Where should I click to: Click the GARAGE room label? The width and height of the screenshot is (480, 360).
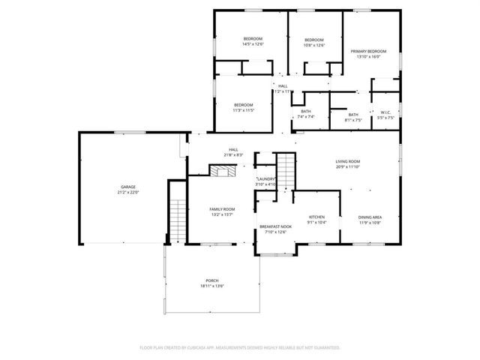(128, 186)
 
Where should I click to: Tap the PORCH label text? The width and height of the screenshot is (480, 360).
(213, 280)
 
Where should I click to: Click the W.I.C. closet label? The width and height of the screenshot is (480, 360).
(385, 112)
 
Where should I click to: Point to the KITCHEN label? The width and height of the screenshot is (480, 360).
(316, 216)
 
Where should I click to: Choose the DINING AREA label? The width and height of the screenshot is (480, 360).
(370, 216)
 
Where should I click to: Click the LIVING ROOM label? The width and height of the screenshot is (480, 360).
(347, 161)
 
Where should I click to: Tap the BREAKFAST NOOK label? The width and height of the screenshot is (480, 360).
(274, 226)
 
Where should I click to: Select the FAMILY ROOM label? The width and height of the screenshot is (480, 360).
(221, 209)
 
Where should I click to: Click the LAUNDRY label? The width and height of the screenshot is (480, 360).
(266, 178)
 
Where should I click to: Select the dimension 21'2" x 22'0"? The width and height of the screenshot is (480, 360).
(128, 192)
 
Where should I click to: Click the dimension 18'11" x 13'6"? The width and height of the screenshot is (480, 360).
(213, 286)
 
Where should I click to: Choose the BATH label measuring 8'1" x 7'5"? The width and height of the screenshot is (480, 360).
(352, 115)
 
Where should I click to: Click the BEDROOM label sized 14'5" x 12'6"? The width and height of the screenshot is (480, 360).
(252, 38)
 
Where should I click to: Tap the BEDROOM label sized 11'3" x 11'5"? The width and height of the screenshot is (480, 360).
(243, 104)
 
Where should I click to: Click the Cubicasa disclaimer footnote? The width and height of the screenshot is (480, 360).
(240, 347)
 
